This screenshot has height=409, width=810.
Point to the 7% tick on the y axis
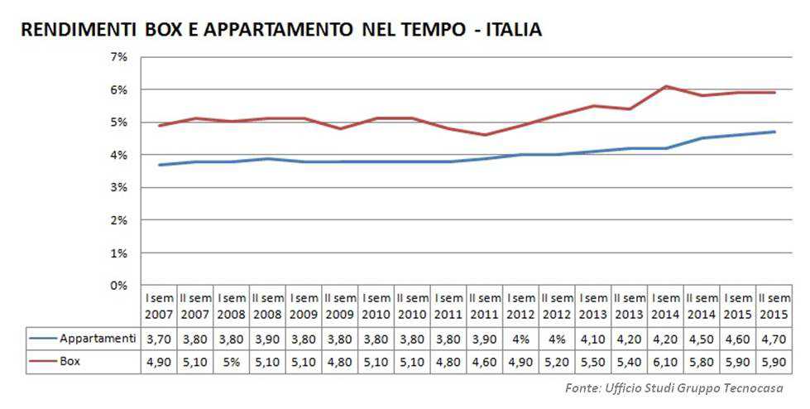point(118,57)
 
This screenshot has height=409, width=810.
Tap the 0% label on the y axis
point(118,286)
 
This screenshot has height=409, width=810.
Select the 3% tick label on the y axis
point(118,188)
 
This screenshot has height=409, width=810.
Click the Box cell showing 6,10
point(666,361)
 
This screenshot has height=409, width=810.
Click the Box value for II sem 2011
point(485,361)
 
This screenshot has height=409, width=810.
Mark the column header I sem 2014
point(666,306)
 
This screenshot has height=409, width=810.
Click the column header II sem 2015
point(774,306)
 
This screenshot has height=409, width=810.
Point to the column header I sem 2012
point(521,306)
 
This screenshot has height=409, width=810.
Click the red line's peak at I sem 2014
point(666,86)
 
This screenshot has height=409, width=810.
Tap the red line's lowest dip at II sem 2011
point(485,135)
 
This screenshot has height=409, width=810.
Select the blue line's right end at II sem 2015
point(774,132)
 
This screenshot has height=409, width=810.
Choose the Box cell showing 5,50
point(594,361)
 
